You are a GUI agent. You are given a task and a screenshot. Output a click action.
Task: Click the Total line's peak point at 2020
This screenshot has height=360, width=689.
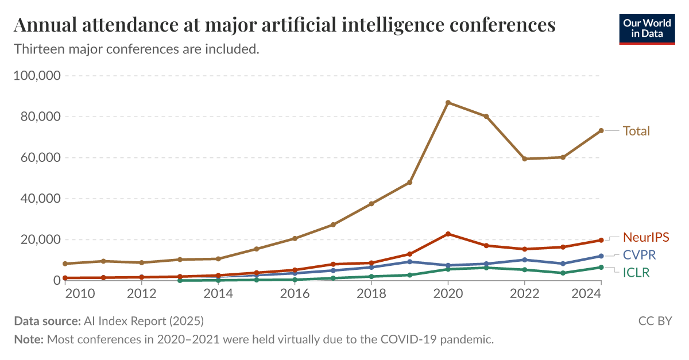[448, 103]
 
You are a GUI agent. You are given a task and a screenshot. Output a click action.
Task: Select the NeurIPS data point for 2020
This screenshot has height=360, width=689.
[448, 234]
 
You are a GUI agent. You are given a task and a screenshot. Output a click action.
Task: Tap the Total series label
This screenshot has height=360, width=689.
[636, 131]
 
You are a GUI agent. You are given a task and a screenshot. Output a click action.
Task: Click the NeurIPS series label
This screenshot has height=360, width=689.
[646, 238]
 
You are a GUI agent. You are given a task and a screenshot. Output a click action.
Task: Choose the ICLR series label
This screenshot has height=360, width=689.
[636, 273]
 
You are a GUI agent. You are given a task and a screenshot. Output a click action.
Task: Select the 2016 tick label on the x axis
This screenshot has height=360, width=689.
[295, 295]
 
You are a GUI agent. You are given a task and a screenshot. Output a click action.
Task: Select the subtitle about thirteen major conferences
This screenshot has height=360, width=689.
[137, 49]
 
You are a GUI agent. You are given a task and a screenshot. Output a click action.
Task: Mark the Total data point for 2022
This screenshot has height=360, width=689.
[524, 159]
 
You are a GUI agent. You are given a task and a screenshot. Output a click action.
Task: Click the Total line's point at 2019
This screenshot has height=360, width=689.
[409, 183]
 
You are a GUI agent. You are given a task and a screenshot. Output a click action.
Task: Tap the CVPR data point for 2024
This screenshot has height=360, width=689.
[601, 256]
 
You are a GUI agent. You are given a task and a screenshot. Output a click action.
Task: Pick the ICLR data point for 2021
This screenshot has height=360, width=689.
[486, 268]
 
